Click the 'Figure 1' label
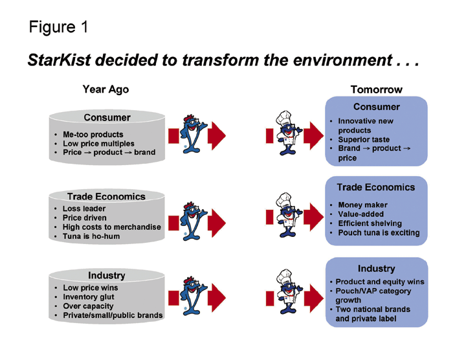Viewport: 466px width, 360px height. [x=58, y=27]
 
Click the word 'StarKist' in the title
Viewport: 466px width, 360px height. [x=60, y=61]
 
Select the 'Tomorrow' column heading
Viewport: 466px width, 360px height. [x=376, y=90]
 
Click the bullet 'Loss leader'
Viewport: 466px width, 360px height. [x=84, y=209]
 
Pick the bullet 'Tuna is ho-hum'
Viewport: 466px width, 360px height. [x=91, y=236]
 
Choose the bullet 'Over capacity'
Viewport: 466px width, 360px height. [x=88, y=306]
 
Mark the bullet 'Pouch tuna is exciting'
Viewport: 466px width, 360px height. [x=379, y=232]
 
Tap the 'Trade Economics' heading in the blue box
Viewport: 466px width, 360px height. [x=375, y=187]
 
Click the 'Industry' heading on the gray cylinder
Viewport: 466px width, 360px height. [x=107, y=276]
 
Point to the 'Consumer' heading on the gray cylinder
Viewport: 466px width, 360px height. [x=107, y=117]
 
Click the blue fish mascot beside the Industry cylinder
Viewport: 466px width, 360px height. [x=194, y=298]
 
